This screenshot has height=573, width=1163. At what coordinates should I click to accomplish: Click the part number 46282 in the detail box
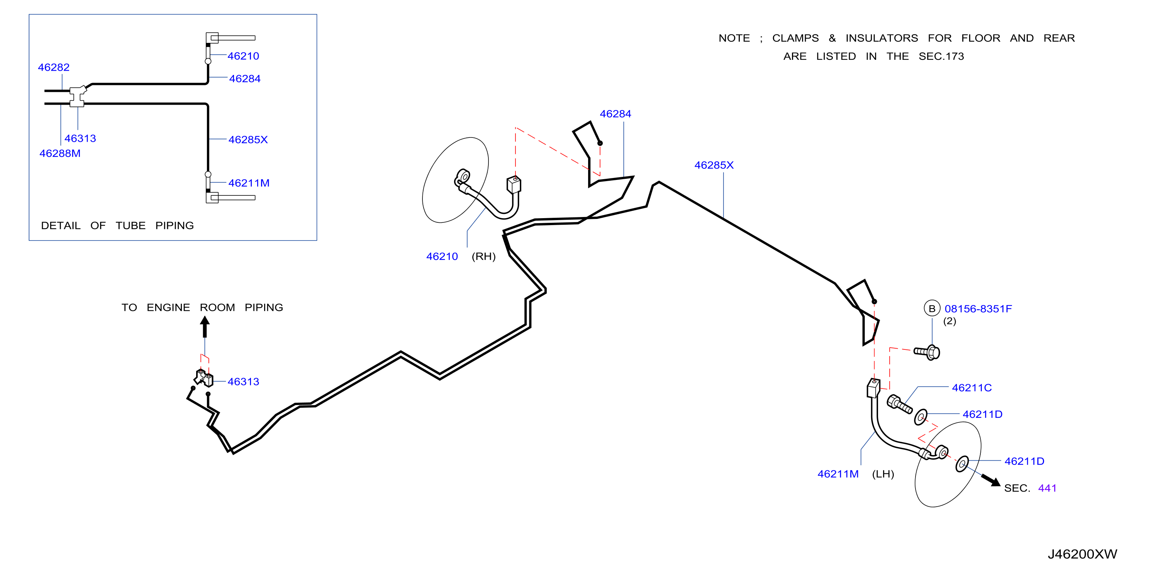coord(54,67)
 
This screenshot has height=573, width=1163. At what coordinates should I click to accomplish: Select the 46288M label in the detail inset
coord(60,154)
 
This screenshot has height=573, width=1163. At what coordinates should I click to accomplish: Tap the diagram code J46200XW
coord(1082,554)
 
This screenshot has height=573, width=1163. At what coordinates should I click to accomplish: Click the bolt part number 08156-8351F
coord(978,309)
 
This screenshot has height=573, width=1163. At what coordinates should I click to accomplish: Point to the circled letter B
coord(932,309)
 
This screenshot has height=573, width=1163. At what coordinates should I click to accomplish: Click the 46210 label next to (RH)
coord(442,256)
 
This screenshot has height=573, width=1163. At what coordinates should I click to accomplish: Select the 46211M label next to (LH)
coord(838,474)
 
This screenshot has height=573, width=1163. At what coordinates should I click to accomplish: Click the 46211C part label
coord(971,388)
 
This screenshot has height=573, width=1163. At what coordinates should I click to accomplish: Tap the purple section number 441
coord(1047,488)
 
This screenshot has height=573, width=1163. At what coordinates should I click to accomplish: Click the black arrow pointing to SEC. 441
coord(991,480)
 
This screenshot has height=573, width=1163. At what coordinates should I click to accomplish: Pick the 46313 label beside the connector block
coord(243,382)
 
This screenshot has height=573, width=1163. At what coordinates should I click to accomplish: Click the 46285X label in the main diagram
coord(714,165)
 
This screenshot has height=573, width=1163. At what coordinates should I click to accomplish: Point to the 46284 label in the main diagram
coord(615,114)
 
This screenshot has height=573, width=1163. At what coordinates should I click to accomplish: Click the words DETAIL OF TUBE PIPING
coord(117,226)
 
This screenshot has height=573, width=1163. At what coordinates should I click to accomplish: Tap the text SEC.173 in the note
coord(941,56)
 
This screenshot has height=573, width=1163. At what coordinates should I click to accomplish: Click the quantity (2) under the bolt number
coord(949,321)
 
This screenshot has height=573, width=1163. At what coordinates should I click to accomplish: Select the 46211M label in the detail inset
coord(249,183)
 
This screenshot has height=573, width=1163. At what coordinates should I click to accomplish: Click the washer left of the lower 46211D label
coord(962,464)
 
